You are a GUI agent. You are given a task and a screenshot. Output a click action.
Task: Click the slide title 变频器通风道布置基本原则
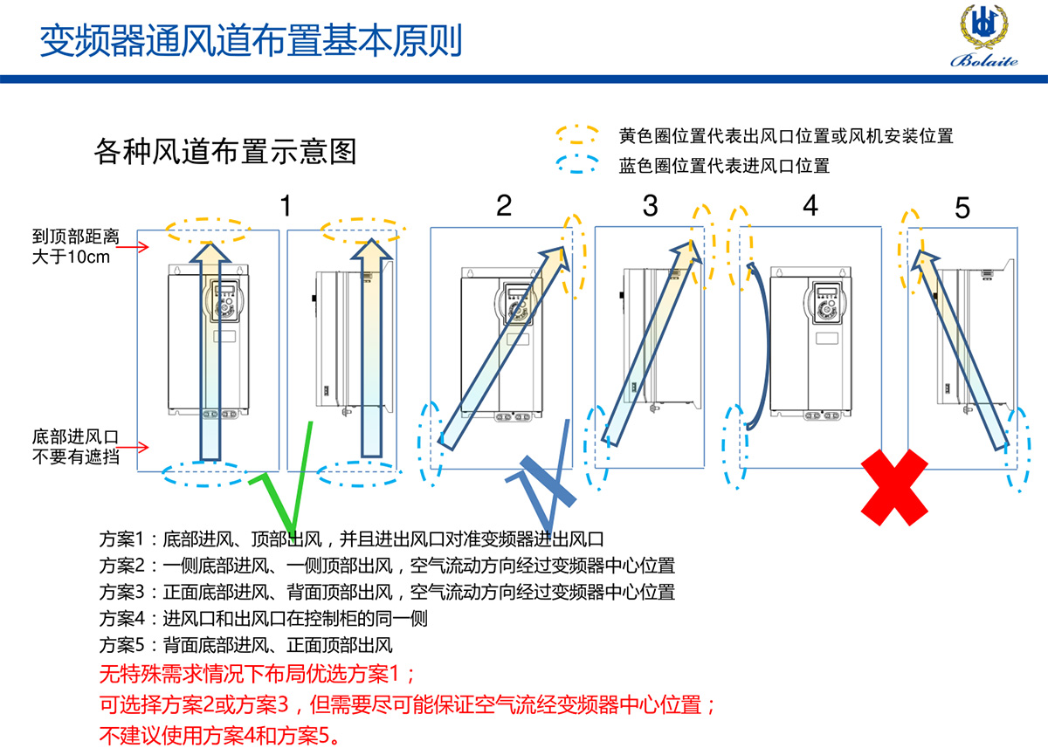252,39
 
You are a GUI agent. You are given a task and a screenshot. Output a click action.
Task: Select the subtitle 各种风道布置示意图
225,152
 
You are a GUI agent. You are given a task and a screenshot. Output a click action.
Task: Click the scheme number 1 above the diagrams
286,206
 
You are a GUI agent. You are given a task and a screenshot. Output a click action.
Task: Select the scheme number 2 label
504,206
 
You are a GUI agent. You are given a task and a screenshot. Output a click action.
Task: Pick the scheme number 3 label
650,206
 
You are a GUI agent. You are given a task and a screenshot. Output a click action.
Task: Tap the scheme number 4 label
810,206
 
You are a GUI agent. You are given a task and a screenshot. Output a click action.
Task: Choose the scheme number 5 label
962,209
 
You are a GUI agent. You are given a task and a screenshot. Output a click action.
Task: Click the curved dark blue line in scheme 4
762,349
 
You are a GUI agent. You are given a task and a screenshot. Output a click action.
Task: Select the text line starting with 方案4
264,619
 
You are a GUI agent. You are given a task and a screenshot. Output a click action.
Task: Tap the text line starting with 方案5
246,646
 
